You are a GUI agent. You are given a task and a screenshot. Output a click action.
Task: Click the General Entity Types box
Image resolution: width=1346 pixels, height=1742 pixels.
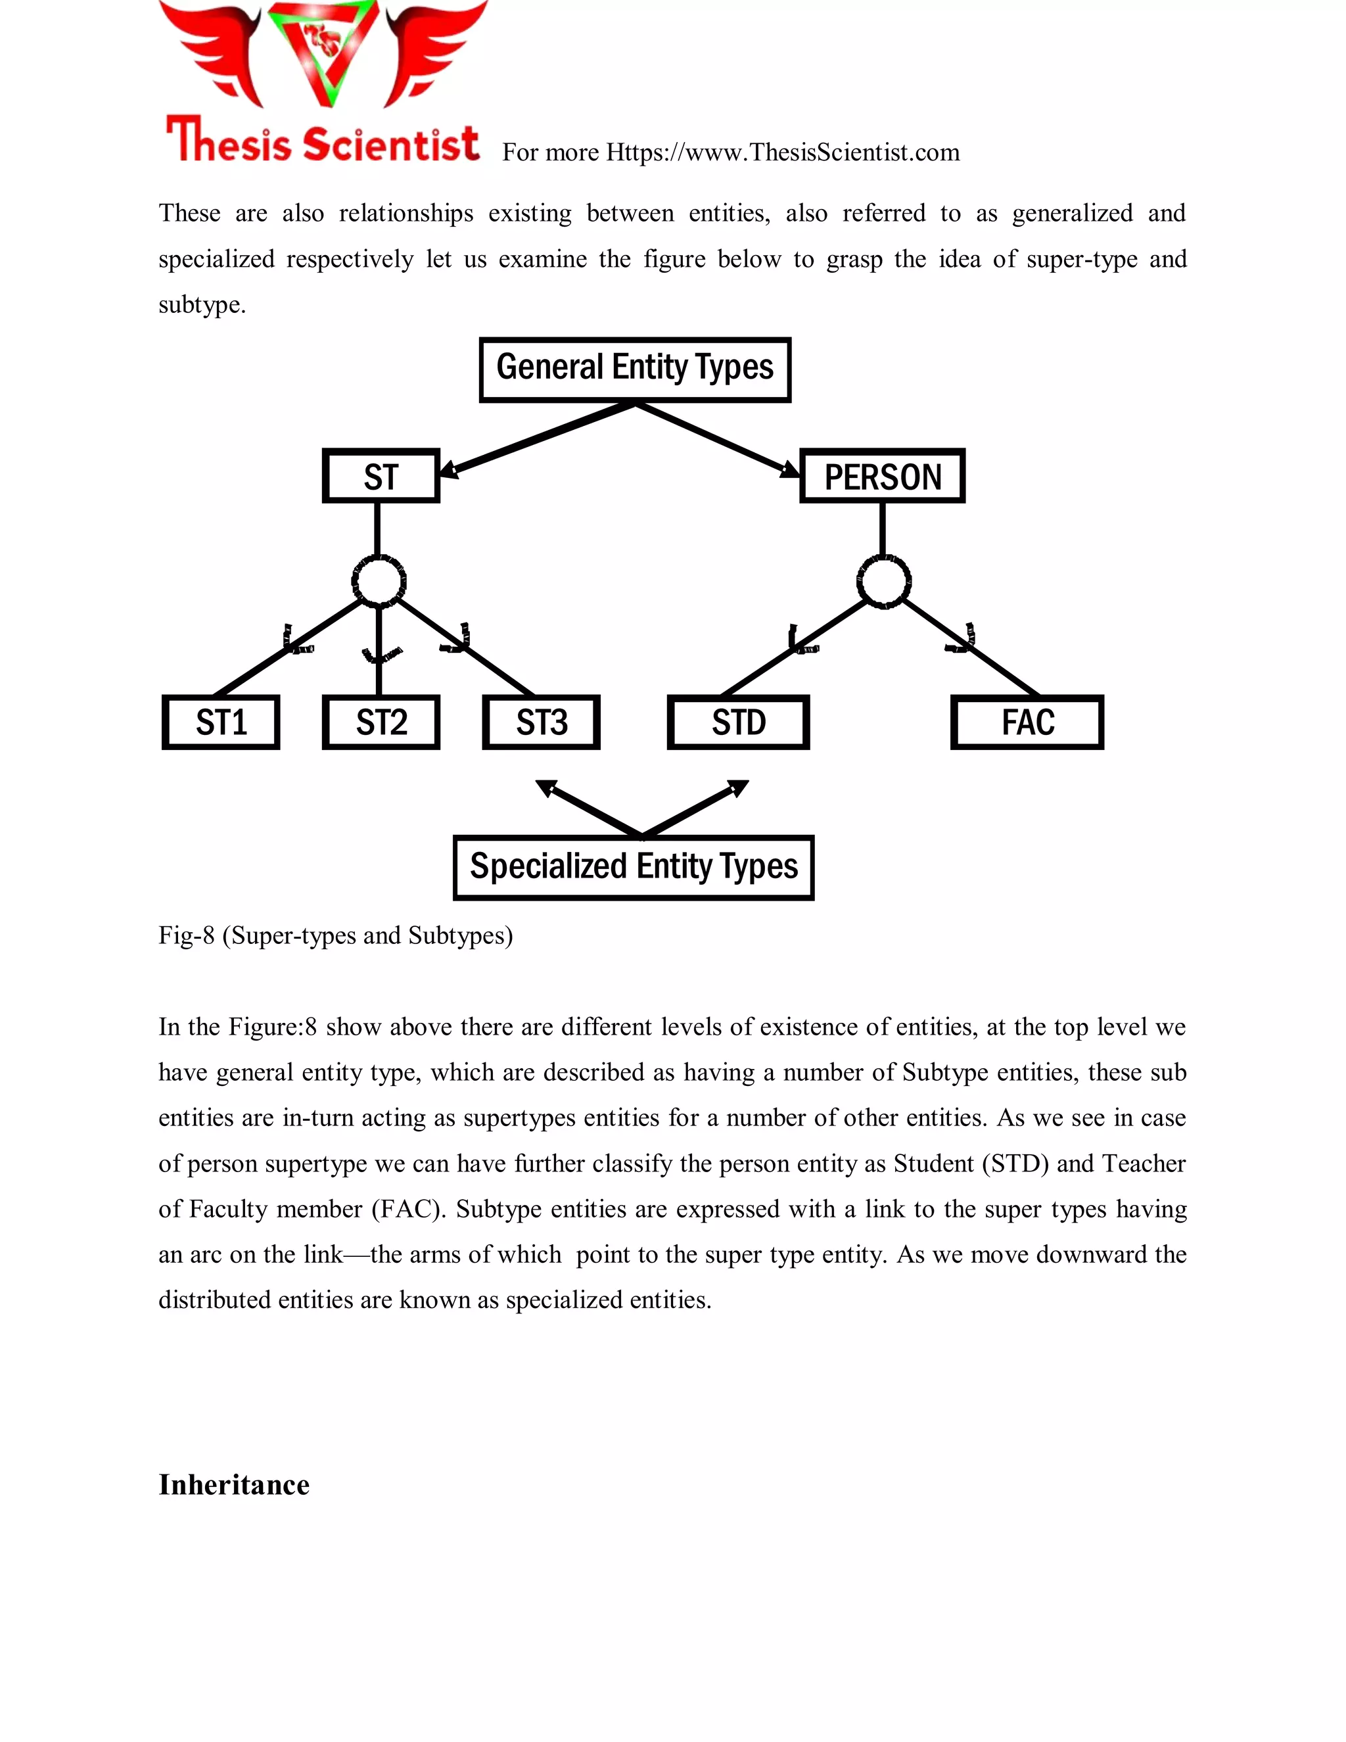635,369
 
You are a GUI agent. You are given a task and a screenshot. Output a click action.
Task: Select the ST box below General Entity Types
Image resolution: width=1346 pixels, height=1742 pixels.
381,476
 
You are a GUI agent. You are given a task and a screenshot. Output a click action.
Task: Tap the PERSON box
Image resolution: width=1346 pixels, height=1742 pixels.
882,476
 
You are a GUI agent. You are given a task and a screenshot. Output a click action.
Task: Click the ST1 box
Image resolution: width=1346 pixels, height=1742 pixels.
221,722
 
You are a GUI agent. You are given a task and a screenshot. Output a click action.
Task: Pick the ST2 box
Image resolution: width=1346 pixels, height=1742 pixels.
381,722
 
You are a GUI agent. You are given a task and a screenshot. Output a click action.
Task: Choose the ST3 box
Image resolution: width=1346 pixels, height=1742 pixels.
542,722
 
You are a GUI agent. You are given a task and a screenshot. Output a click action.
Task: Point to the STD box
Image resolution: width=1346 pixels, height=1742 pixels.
738,722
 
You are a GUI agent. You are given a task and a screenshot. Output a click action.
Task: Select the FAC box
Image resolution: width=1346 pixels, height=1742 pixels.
1027,722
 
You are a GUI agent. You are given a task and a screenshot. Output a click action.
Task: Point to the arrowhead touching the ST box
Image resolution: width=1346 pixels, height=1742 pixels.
449,470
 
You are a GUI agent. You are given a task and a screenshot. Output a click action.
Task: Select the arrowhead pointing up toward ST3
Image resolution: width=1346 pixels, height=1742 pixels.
546,788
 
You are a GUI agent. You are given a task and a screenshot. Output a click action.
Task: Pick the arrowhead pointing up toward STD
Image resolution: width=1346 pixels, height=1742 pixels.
737,788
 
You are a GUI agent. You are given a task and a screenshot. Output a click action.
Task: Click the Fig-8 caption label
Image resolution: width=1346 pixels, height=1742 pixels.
335,935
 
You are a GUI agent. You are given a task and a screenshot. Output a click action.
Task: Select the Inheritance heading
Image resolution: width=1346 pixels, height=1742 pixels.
233,1485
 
